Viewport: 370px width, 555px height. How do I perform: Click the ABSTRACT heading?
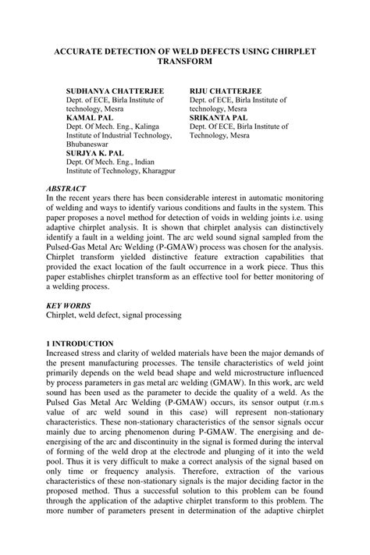pyautogui.click(x=66, y=189)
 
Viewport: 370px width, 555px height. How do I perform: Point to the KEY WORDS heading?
pyautogui.click(x=69, y=305)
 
